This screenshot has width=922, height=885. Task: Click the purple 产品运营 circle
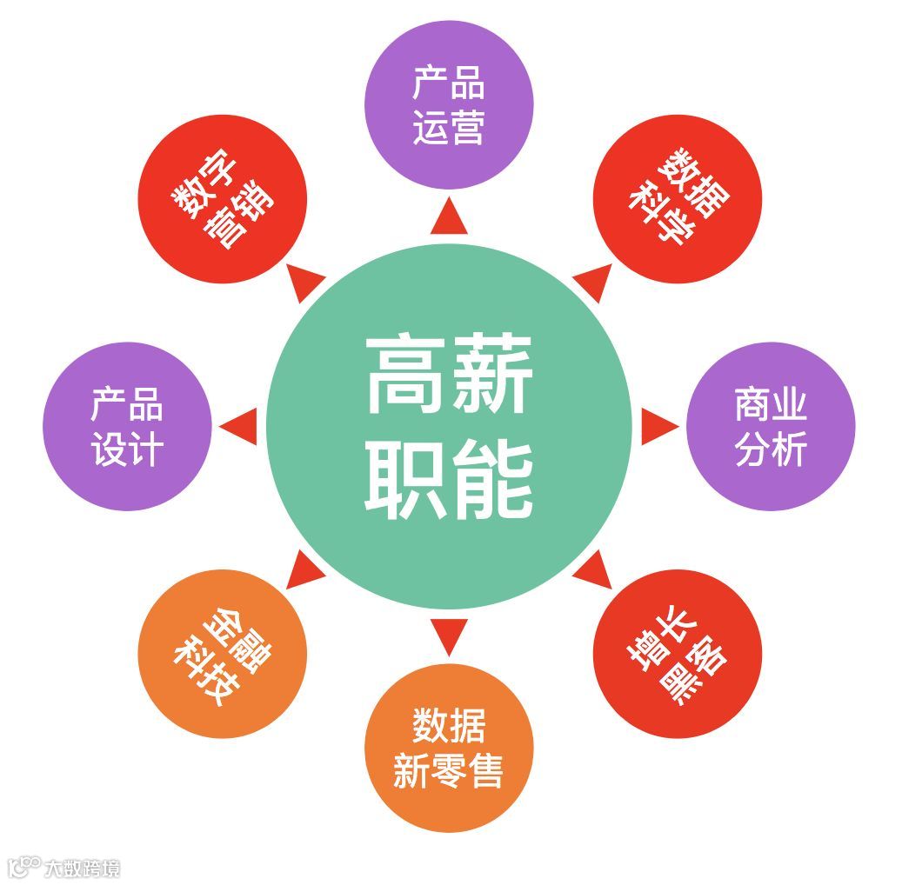click(448, 104)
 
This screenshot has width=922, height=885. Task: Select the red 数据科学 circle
click(678, 198)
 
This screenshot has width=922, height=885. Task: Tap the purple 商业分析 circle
click(771, 426)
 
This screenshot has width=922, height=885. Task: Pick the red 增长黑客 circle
click(678, 654)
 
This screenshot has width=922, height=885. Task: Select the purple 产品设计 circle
click(127, 426)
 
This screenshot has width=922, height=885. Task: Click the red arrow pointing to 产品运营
click(449, 217)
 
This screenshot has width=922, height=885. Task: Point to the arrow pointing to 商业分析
click(658, 426)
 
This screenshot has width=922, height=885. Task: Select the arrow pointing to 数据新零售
click(449, 635)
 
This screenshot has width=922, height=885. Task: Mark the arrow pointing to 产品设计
click(240, 426)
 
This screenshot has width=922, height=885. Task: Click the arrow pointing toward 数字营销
click(304, 281)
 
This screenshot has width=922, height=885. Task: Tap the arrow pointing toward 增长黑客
click(592, 570)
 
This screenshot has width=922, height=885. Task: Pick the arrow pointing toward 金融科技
click(304, 570)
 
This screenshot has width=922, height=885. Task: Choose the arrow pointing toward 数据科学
click(592, 281)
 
